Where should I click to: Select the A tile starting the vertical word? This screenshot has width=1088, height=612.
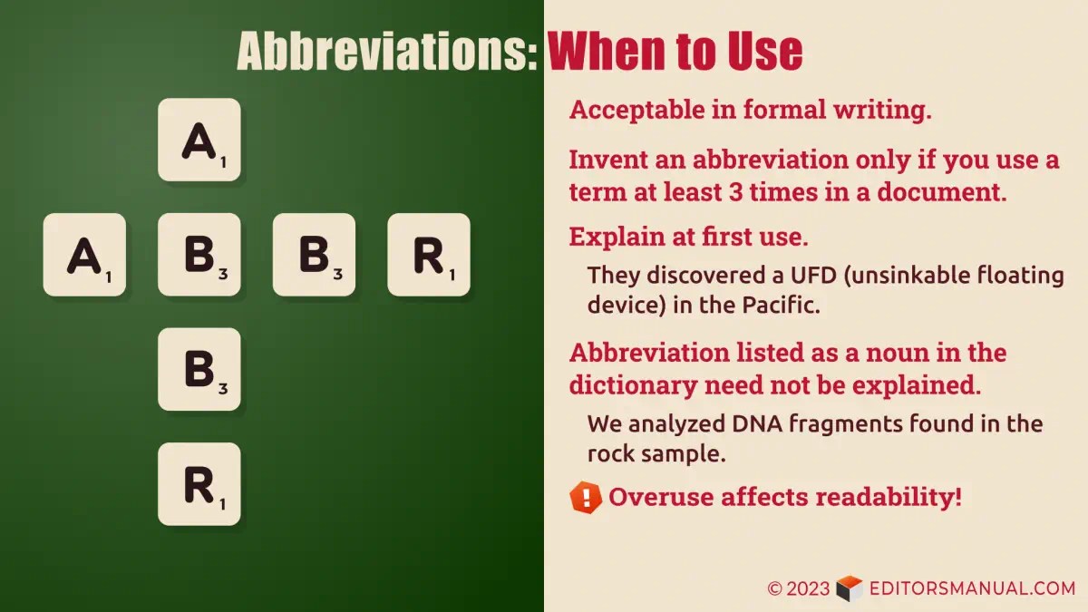pyautogui.click(x=199, y=140)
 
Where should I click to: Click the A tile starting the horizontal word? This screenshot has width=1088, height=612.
pyautogui.click(x=84, y=255)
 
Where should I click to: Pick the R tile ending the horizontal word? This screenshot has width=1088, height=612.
pyautogui.click(x=429, y=255)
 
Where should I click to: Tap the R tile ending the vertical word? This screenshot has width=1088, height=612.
pyautogui.click(x=199, y=484)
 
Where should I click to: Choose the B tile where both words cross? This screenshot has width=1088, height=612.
pyautogui.click(x=199, y=255)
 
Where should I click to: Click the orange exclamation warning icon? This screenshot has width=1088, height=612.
pyautogui.click(x=586, y=497)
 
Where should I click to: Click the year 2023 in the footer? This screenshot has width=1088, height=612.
pyautogui.click(x=808, y=588)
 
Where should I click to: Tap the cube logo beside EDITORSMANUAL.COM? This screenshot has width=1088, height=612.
pyautogui.click(x=849, y=588)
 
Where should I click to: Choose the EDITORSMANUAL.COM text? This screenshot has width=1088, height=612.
pyautogui.click(x=972, y=588)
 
